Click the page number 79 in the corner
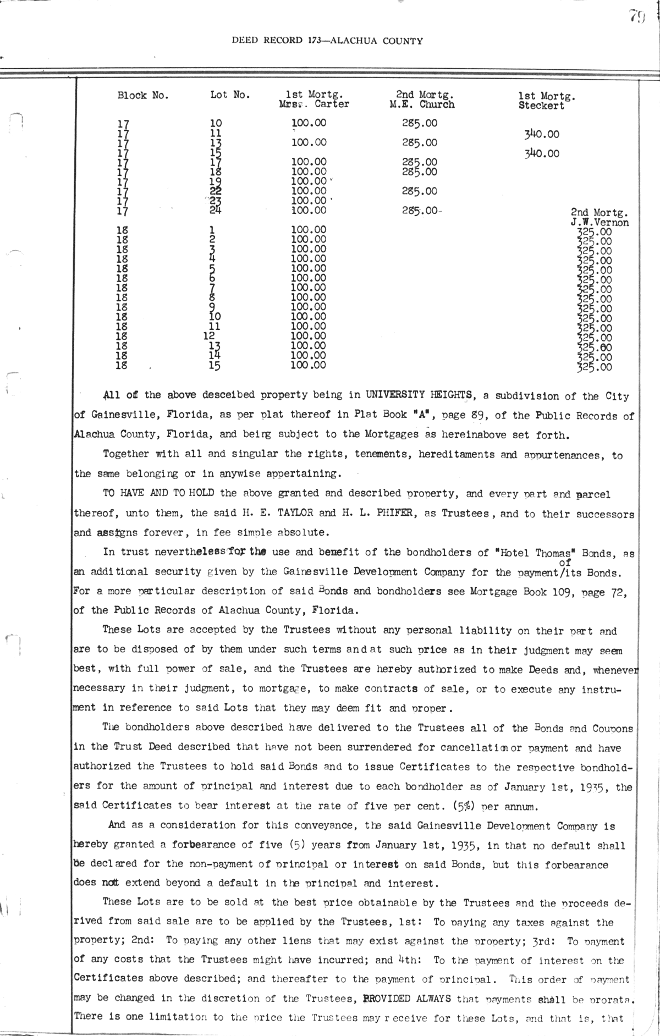pyautogui.click(x=637, y=18)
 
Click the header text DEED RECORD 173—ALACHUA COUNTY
pyautogui.click(x=327, y=40)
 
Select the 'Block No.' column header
pyautogui.click(x=143, y=95)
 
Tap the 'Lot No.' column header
pyautogui.click(x=230, y=95)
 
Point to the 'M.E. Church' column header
pyautogui.click(x=422, y=104)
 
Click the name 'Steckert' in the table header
pyautogui.click(x=541, y=106)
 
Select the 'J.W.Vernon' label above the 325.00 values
pyautogui.click(x=600, y=222)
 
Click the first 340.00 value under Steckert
pyautogui.click(x=542, y=134)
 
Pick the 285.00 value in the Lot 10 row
pyautogui.click(x=420, y=123)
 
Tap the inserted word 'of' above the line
pyautogui.click(x=564, y=562)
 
